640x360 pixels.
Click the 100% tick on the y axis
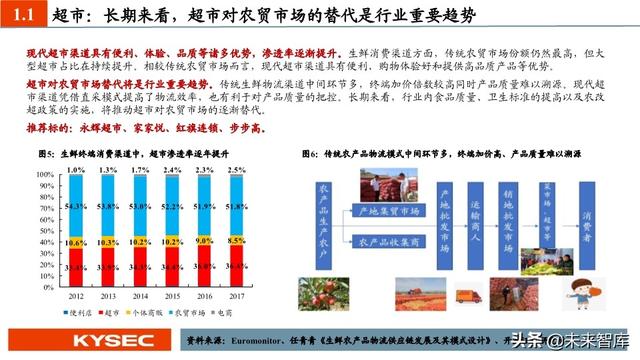click(45, 173)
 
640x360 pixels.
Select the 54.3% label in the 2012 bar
click(76, 207)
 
